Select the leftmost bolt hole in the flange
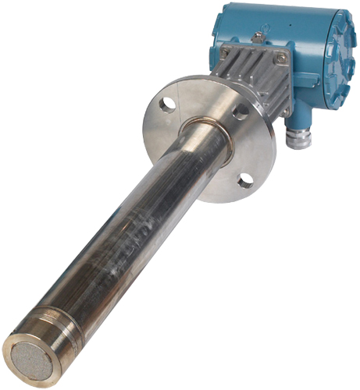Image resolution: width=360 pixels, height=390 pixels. point(167,102)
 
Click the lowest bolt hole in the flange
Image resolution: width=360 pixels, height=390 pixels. point(245,181)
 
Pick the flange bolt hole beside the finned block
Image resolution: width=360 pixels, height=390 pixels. point(241,112)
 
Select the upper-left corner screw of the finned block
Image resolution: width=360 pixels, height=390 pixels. point(224,52)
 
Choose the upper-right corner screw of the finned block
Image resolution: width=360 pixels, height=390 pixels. point(281,57)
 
